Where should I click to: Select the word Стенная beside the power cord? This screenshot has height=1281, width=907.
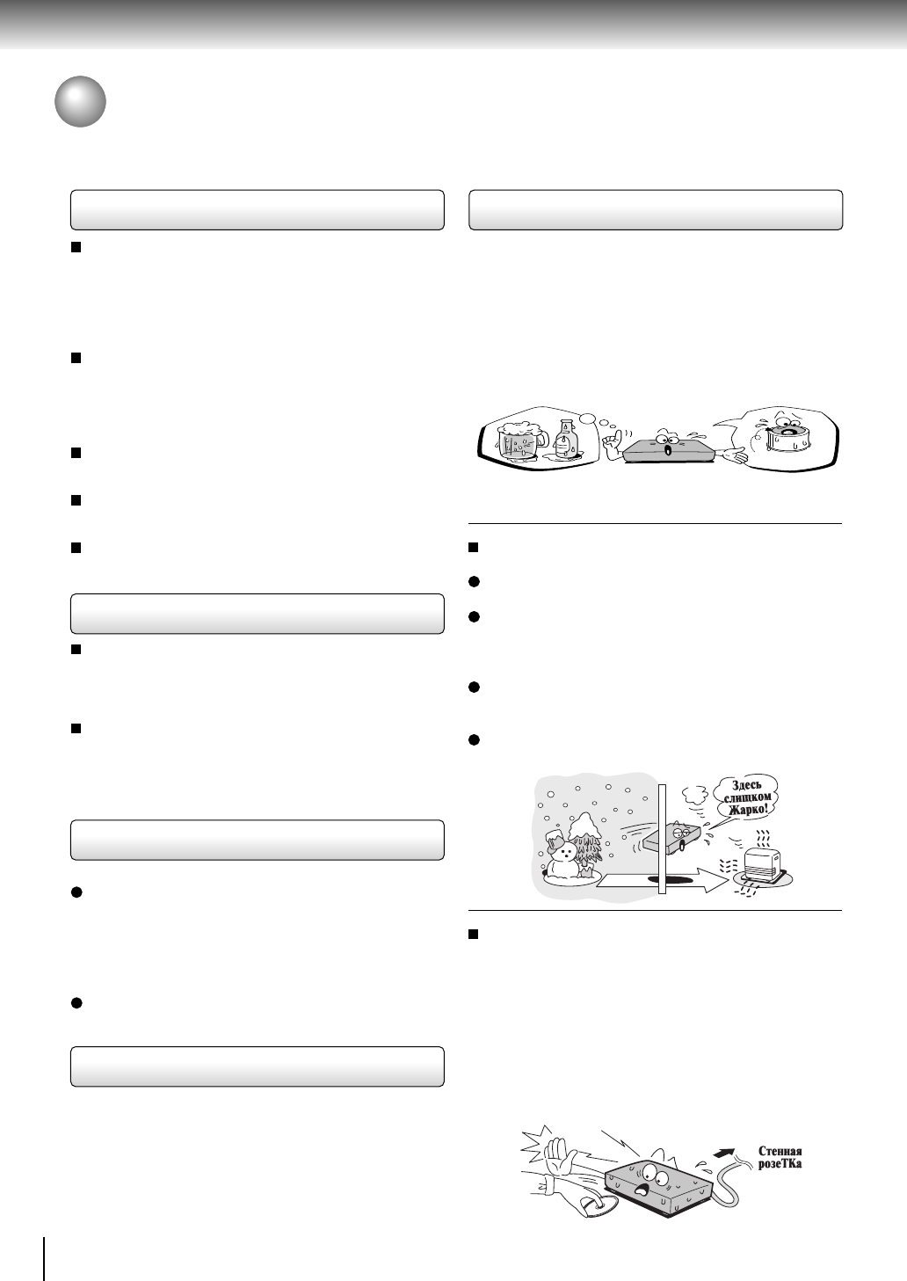pos(780,1152)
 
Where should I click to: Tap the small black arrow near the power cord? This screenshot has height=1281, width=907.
pos(727,1151)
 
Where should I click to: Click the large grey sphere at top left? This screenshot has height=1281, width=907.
pos(80,102)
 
